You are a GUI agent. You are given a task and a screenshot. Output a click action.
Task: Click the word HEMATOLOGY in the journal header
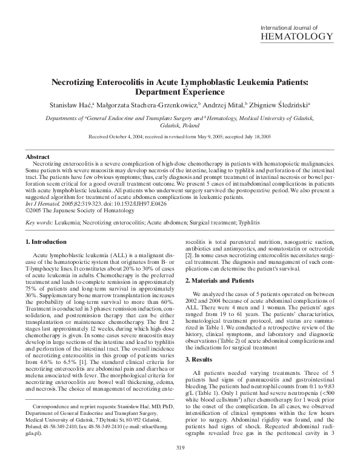[296, 36]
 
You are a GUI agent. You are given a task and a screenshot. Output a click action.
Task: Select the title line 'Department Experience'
[179, 92]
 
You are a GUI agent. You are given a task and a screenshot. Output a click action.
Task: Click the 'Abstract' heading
[38, 157]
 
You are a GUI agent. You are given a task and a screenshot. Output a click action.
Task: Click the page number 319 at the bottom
[179, 465]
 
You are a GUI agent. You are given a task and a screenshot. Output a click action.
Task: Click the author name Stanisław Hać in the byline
[79, 104]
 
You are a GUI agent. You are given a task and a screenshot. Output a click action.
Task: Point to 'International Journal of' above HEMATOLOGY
[289, 27]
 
